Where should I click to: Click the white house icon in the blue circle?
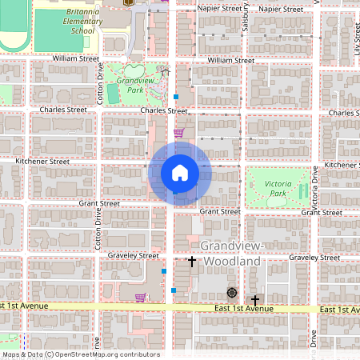point(180,173)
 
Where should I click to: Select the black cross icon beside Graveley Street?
point(192,262)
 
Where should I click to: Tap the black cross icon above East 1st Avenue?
point(255,299)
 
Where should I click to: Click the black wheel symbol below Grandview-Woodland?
point(232,293)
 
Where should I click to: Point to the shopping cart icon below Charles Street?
point(179,133)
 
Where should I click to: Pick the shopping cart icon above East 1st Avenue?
point(140,298)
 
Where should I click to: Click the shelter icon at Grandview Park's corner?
point(166,73)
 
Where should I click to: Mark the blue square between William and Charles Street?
point(176,97)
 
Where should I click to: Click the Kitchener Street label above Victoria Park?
point(342,165)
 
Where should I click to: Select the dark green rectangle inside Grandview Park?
point(112,94)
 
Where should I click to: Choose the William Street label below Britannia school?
point(75,58)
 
